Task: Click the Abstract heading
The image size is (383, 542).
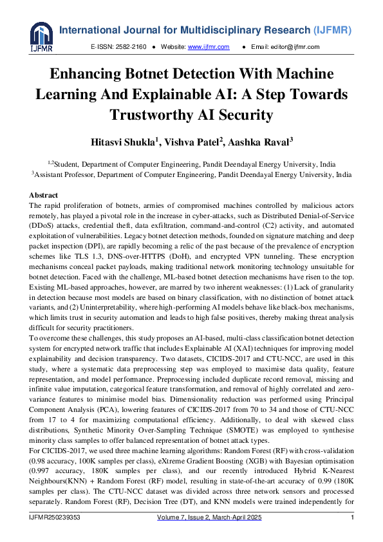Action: tap(43, 195)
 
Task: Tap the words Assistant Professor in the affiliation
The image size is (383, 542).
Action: tap(62, 174)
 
